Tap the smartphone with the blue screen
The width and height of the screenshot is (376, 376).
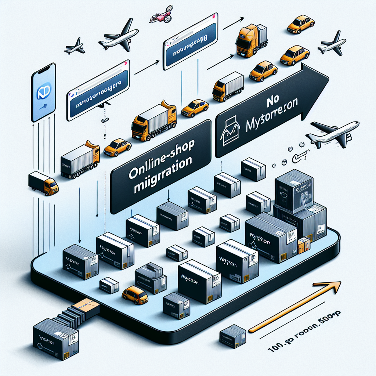43,92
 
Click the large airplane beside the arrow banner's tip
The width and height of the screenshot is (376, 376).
332,134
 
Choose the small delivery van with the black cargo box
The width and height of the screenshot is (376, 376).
43,182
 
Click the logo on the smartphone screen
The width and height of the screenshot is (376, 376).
43,91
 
